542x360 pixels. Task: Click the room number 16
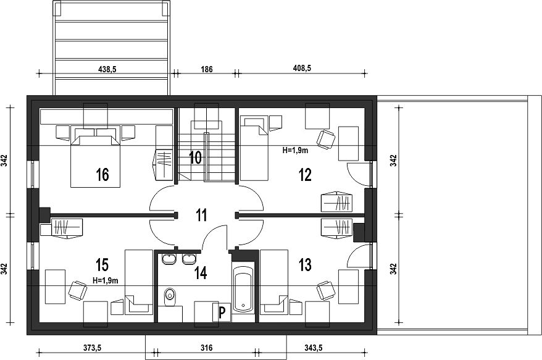pyautogui.click(x=102, y=175)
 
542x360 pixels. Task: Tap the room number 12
pyautogui.click(x=305, y=175)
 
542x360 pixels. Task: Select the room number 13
pyautogui.click(x=305, y=265)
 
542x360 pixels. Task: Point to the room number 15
pyautogui.click(x=102, y=265)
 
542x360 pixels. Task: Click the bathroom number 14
pyautogui.click(x=201, y=273)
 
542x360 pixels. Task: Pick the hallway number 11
pyautogui.click(x=201, y=215)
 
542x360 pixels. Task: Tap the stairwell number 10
pyautogui.click(x=195, y=157)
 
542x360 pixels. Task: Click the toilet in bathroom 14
pyautogui.click(x=170, y=297)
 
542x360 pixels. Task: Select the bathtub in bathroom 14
pyautogui.click(x=243, y=288)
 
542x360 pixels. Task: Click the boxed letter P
pyautogui.click(x=222, y=312)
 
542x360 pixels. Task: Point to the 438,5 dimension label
pyautogui.click(x=107, y=69)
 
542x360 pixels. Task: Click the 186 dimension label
pyautogui.click(x=207, y=69)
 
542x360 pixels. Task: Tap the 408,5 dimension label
pyautogui.click(x=302, y=68)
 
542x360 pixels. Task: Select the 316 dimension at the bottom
pyautogui.click(x=207, y=348)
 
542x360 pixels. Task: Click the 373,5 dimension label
pyautogui.click(x=92, y=348)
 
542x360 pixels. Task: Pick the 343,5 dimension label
pyautogui.click(x=313, y=348)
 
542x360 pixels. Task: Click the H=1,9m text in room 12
pyautogui.click(x=295, y=150)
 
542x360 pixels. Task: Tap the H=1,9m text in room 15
pyautogui.click(x=106, y=280)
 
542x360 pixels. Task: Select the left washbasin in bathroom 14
pyautogui.click(x=169, y=259)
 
